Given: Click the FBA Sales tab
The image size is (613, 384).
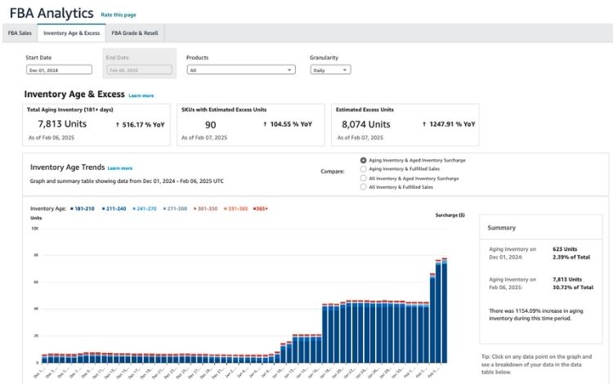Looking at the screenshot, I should [20, 33].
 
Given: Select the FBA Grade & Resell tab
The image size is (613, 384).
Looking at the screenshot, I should [136, 33].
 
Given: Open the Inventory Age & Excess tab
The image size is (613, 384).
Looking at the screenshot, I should [71, 33].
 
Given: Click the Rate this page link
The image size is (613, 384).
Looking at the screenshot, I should [119, 15].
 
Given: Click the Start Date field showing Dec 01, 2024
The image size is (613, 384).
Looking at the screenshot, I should [58, 70].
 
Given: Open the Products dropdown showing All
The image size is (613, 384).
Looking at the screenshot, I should [240, 70].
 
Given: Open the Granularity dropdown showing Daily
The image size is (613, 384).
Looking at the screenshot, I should [330, 70].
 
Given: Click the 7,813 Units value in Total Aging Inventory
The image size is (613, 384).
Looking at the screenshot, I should [62, 124].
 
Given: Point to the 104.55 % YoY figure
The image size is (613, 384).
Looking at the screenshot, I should [287, 124].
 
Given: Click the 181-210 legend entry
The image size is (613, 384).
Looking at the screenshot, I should [83, 208].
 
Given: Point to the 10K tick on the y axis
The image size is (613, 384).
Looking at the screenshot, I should [34, 229].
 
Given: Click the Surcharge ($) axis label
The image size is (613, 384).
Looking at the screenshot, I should [450, 216].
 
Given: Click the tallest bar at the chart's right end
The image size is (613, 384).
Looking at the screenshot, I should [444, 310].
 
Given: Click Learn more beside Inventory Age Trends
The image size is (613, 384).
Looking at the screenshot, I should [119, 167].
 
